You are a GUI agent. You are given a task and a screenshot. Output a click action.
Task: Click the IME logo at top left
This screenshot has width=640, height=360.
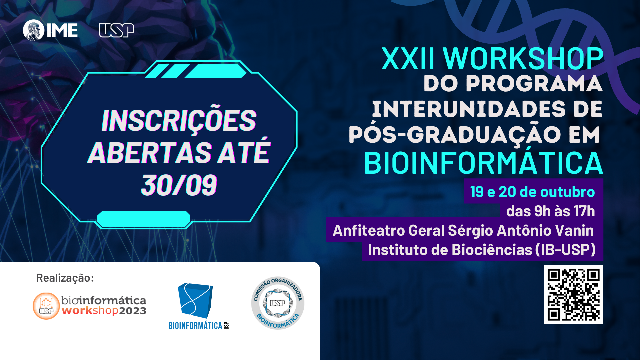tap(50, 30)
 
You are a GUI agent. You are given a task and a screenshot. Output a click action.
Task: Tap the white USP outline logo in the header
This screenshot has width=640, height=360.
tap(117, 30)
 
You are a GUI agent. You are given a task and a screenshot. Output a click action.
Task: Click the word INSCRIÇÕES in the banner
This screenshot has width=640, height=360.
tap(179, 121)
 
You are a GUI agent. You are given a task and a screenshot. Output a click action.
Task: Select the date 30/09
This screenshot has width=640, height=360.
tap(179, 185)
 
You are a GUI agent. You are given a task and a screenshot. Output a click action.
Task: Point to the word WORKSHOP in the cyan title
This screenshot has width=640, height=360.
tap(523, 59)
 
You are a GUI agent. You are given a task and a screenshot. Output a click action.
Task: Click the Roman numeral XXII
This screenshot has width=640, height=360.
tap(408, 59)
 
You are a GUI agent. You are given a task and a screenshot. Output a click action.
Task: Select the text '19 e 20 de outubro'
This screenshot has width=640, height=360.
tap(532, 192)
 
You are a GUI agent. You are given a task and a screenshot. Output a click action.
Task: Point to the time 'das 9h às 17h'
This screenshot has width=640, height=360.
tap(551, 211)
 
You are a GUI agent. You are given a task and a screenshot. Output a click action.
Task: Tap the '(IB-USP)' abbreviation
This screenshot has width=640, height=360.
tap(566, 250)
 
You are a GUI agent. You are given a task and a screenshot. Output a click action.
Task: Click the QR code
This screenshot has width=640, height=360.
tap(573, 294)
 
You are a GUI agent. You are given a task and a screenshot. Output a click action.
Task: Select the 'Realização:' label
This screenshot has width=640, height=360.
tap(65, 278)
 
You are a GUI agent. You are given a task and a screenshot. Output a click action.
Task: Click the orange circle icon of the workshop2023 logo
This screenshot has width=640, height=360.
tap(46, 306)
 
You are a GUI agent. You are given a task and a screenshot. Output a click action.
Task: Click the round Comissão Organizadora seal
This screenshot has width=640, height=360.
tap(278, 303)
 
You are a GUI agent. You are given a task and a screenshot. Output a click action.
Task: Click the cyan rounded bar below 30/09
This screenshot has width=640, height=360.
tap(143, 219)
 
